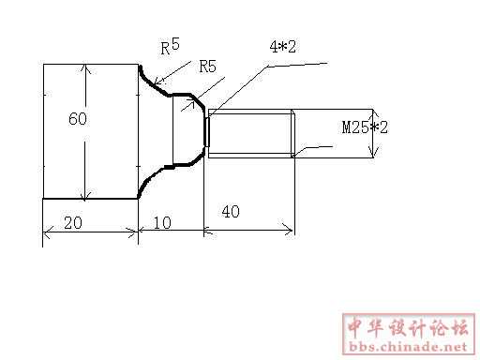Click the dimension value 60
tap(78, 119)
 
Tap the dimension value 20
tap(73, 223)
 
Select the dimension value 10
tap(162, 223)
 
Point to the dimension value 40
tap(231, 212)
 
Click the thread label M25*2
tap(365, 127)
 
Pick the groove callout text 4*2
tap(283, 47)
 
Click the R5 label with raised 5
tap(171, 46)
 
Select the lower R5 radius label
tap(208, 67)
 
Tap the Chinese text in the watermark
tap(409, 328)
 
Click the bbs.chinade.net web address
tap(408, 347)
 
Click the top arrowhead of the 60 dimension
tap(86, 68)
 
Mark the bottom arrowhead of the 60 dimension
tap(84, 195)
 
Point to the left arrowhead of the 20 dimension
tap(46, 232)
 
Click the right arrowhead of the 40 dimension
tap(288, 231)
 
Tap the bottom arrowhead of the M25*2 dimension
tap(372, 153)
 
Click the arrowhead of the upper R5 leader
tap(158, 81)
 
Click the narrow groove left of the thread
tap(206, 132)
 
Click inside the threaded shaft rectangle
tap(250, 134)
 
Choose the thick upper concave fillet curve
tap(152, 83)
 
